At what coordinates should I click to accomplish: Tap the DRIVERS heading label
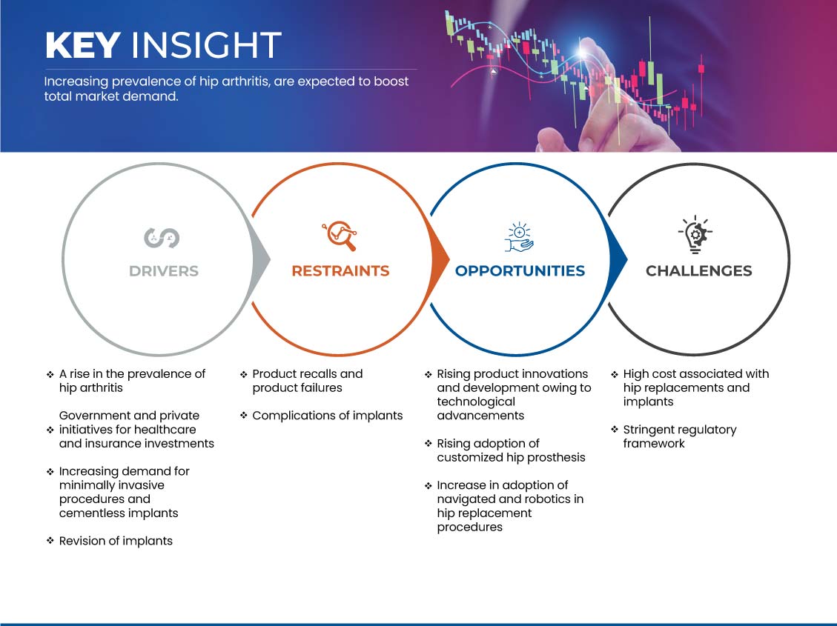click(164, 271)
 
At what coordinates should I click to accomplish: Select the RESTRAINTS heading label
click(340, 271)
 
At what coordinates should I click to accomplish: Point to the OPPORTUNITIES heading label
click(520, 271)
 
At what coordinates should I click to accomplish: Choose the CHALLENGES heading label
click(699, 271)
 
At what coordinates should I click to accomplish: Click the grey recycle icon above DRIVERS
click(162, 238)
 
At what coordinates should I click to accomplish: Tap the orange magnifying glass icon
click(340, 236)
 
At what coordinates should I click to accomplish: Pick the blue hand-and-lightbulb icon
click(519, 237)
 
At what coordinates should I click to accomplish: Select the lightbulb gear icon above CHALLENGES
click(695, 234)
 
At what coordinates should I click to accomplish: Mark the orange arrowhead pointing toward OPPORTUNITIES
click(440, 260)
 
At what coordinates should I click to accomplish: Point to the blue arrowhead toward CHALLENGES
click(618, 260)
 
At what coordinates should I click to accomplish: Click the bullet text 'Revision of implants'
click(116, 541)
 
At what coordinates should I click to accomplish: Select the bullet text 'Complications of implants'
click(327, 416)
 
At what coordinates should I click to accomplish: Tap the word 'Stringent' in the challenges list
click(649, 430)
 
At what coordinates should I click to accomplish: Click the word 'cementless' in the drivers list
click(89, 513)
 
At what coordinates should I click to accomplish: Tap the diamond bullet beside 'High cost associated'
click(615, 374)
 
